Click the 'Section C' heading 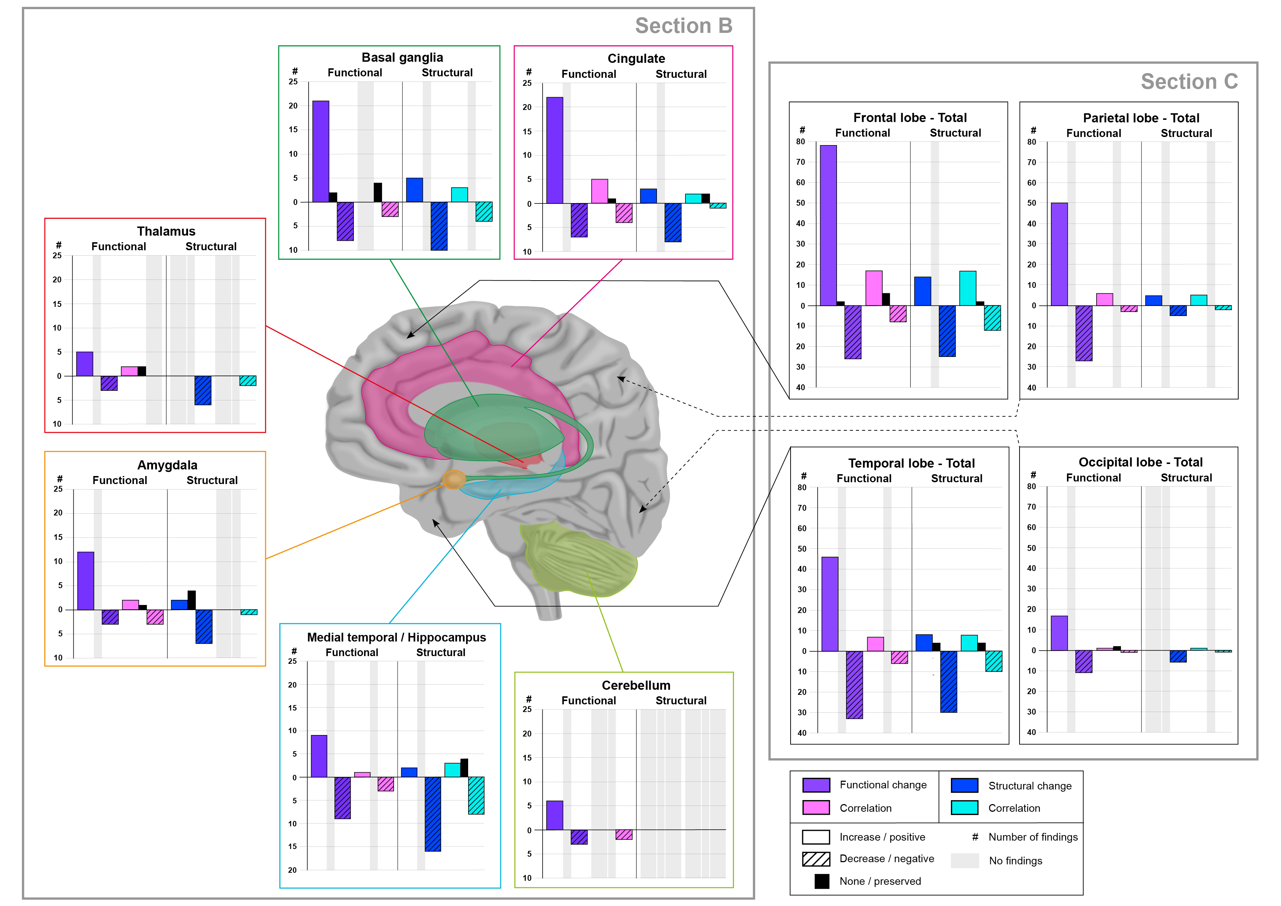pos(1189,81)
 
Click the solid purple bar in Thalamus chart pos(84,364)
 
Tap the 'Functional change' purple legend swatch pos(816,785)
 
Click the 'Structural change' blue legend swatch pos(964,785)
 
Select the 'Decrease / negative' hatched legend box pos(816,859)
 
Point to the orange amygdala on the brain pos(454,479)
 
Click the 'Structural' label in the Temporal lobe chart pos(956,479)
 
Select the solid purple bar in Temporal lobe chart pos(830,604)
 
